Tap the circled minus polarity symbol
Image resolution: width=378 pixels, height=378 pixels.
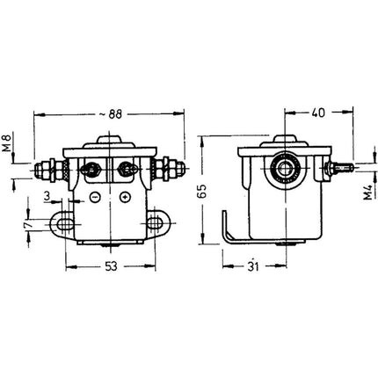pos(94,198)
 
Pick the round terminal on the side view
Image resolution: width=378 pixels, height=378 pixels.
pos(285,167)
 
